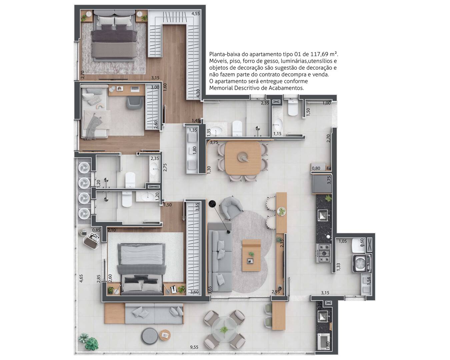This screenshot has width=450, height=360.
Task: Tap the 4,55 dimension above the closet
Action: coord(196,14)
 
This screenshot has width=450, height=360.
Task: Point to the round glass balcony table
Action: coord(224,330)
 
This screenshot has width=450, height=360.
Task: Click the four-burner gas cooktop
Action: coord(324,253)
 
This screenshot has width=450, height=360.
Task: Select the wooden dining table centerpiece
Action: coord(243,157)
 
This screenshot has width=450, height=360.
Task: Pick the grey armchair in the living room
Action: coord(231,208)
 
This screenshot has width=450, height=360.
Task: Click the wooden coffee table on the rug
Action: coord(251,255)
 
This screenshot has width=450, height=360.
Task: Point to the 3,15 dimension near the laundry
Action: coord(325,293)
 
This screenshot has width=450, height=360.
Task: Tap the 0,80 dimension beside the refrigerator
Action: coord(316,168)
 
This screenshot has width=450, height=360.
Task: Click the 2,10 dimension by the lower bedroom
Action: coord(111,230)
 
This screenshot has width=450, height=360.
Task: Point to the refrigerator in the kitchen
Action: coord(322,184)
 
